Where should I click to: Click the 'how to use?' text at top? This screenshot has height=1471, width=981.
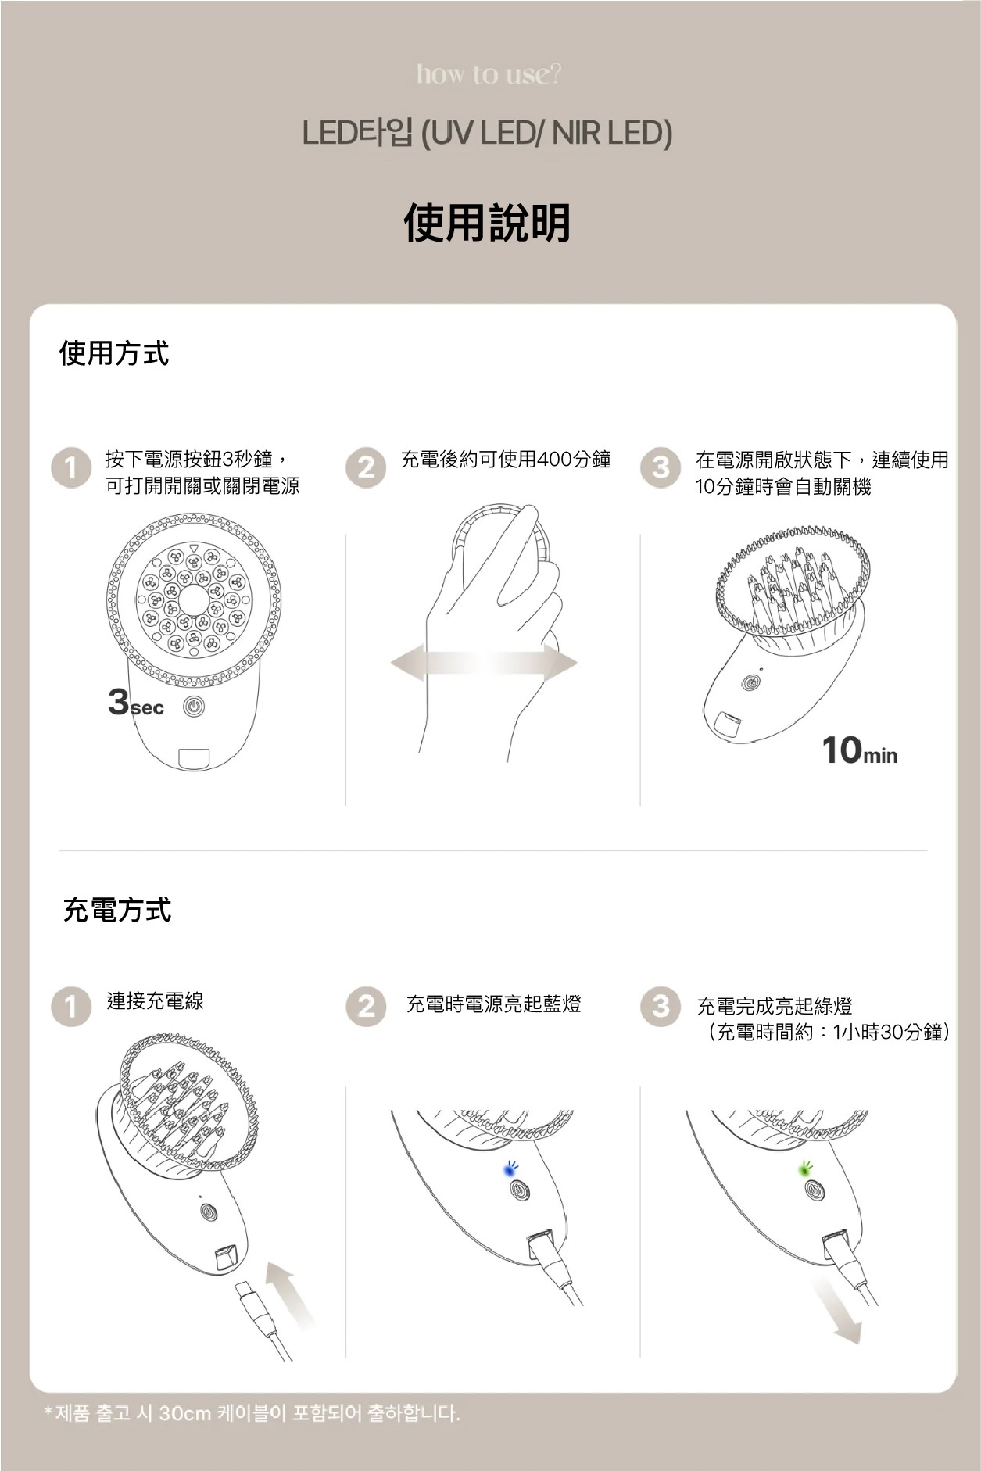(x=489, y=74)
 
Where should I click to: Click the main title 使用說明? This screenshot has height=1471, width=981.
(x=487, y=222)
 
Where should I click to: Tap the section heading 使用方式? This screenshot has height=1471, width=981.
(x=114, y=353)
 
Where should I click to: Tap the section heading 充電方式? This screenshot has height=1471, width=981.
(x=116, y=910)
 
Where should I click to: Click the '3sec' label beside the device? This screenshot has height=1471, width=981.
(x=135, y=703)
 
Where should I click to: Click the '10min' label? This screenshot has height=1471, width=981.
(x=859, y=751)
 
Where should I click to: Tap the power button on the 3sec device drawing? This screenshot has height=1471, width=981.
(x=194, y=707)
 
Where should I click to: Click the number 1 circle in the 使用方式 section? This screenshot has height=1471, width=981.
(x=71, y=468)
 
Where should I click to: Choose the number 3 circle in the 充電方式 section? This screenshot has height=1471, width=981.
(x=661, y=1006)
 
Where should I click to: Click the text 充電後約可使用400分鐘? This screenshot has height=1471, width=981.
(x=506, y=460)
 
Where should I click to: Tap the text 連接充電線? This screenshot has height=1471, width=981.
(x=155, y=1001)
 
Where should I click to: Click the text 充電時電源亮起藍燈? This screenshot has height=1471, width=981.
(x=493, y=1004)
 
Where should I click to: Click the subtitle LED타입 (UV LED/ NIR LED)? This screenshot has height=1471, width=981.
(x=487, y=134)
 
